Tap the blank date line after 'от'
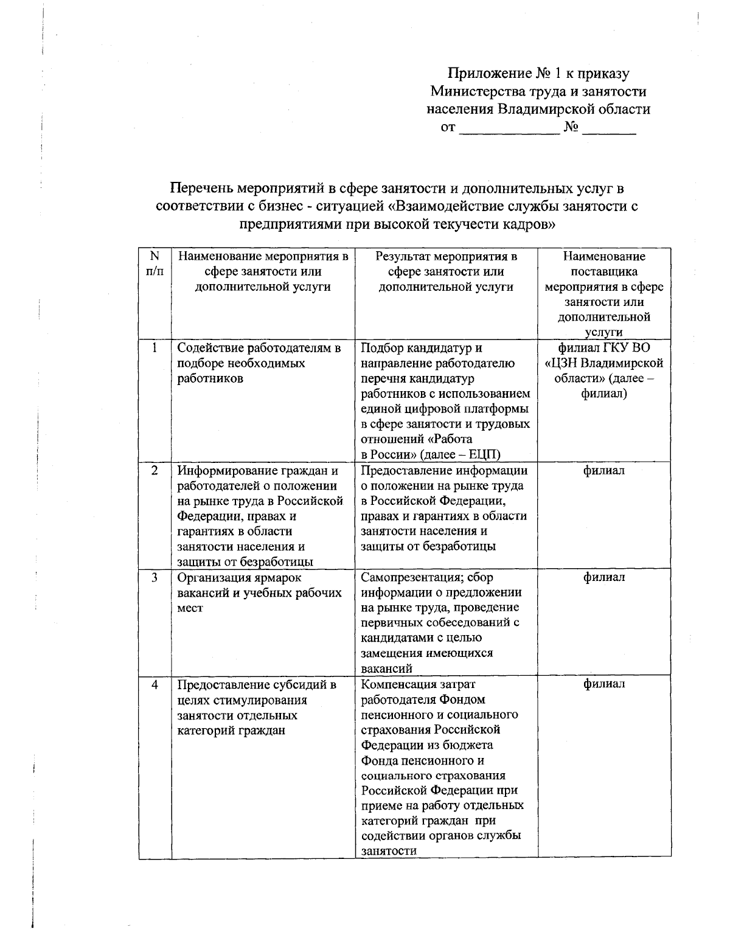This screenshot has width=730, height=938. [509, 130]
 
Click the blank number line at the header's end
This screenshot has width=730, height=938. [609, 130]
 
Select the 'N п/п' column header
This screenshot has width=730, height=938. [155, 264]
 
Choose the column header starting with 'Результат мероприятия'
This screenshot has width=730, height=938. [446, 271]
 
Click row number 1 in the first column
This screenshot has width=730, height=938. [155, 348]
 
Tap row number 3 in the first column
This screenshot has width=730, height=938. [155, 577]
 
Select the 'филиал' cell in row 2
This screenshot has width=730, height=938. [604, 470]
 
